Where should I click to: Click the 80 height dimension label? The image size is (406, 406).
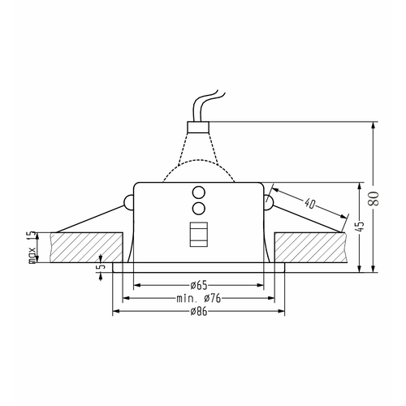point(374,198)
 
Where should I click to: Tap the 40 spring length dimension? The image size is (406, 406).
point(310,203)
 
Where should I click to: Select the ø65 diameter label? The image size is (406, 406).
point(199,285)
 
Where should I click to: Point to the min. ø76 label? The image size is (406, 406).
point(199,298)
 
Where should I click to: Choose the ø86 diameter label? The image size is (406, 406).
point(199,312)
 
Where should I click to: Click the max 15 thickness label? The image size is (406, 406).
point(32,247)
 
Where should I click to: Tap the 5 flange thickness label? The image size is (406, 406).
point(101,266)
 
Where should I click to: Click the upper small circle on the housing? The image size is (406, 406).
point(198,193)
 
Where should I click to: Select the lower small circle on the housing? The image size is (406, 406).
point(198,208)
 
